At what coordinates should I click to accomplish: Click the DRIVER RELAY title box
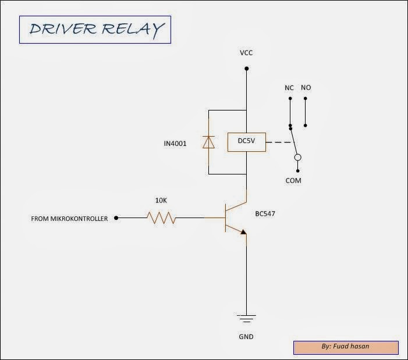94,29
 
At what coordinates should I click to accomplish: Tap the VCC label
246,53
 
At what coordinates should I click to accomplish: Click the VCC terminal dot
246,69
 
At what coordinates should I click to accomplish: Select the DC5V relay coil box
246,142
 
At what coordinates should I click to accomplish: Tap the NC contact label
289,88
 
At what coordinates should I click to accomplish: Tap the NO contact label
306,88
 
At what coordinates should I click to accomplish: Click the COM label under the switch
293,181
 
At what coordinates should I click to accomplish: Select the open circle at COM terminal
297,157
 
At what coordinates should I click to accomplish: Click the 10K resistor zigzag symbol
161,218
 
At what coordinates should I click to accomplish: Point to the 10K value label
160,200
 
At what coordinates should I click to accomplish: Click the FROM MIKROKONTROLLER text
69,219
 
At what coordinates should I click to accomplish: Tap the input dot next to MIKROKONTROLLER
116,218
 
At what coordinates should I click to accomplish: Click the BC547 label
265,214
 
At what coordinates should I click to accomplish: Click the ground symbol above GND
246,318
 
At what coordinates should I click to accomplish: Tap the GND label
246,337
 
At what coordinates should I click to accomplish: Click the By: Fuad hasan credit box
346,347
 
